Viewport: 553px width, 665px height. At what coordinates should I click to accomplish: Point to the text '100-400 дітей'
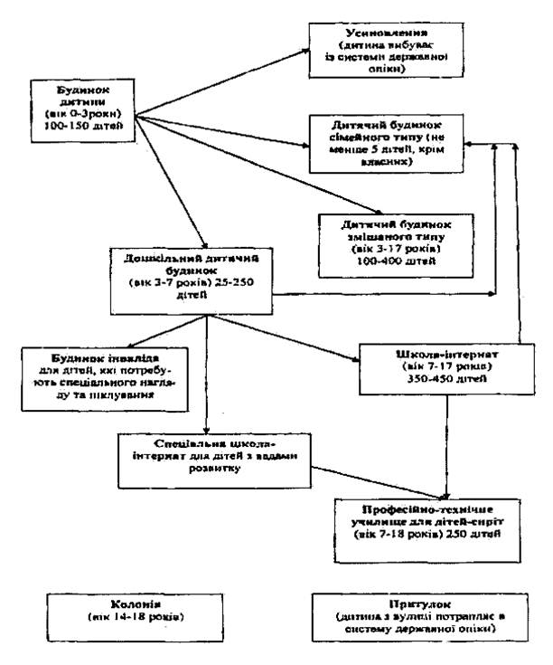[390, 259]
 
